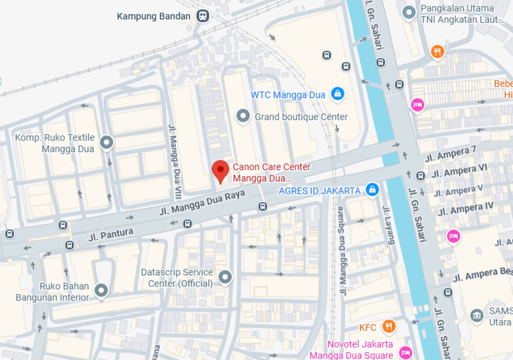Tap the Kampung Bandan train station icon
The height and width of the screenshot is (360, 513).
tap(203, 16)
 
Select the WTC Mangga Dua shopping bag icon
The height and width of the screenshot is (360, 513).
tap(338, 94)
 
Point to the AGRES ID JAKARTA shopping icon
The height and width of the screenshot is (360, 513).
tap(372, 191)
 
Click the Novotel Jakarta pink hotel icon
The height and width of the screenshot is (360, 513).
tap(404, 351)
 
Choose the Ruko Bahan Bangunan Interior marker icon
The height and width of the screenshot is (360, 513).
tap(101, 291)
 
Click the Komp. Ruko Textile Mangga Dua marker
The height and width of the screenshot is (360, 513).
tap(106, 142)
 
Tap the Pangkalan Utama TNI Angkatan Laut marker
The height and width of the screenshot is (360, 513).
tap(409, 12)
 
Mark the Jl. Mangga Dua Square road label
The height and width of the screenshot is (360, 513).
tap(342, 251)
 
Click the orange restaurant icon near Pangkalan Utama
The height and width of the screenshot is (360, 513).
tap(437, 51)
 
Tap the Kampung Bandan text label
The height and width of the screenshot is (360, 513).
tap(155, 16)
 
